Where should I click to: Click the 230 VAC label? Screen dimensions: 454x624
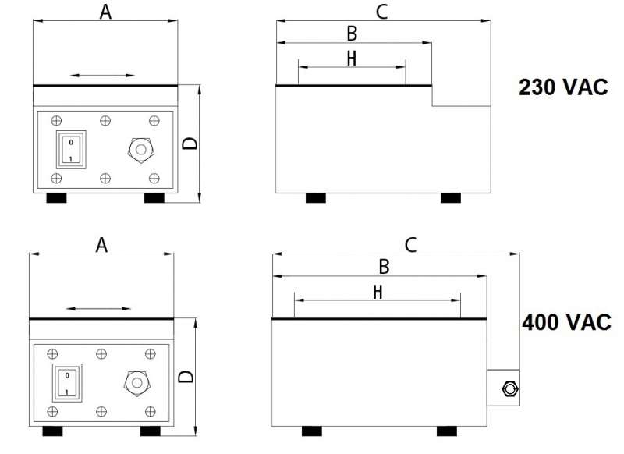point(563,87)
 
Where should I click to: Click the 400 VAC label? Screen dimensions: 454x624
point(567,321)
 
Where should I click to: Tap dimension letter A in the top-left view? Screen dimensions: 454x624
point(105,11)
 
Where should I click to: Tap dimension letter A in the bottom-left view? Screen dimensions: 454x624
point(101,245)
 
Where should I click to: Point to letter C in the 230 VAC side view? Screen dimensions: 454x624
point(381,11)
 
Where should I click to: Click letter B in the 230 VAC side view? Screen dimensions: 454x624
point(352,34)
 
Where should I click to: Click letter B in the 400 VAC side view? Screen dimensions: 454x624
point(384,267)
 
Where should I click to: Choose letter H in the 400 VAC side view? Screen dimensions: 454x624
point(378,292)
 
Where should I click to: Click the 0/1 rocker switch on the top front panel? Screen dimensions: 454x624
point(70,150)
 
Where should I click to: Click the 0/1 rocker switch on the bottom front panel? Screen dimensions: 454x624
point(67,383)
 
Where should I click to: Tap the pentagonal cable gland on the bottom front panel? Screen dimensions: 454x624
point(137,383)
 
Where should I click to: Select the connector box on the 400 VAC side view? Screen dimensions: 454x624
point(504,388)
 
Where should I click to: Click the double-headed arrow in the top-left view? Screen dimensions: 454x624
point(102,76)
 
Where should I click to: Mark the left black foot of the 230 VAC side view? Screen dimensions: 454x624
point(315,198)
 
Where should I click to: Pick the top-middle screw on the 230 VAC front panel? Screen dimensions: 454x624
point(105,120)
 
